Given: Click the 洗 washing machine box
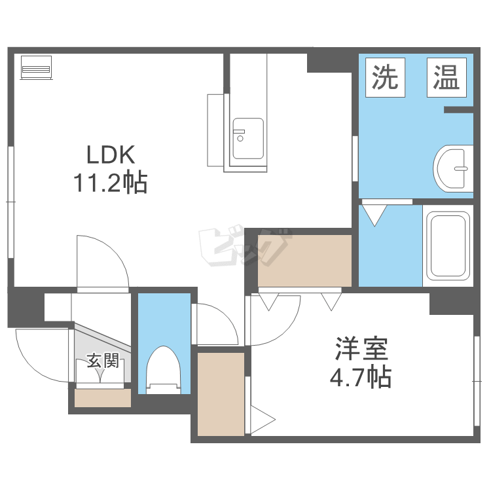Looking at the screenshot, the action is pyautogui.click(x=385, y=77).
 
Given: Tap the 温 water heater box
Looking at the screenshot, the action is pyautogui.click(x=446, y=77).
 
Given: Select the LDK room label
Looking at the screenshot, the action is pyautogui.click(x=111, y=155).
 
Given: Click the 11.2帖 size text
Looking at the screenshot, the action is pyautogui.click(x=110, y=182).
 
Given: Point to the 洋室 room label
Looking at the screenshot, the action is pyautogui.click(x=361, y=349).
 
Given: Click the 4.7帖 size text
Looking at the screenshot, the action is pyautogui.click(x=361, y=376).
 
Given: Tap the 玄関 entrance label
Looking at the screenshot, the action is pyautogui.click(x=103, y=361).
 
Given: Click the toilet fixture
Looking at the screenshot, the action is pyautogui.click(x=164, y=370).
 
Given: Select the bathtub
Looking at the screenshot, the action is pyautogui.click(x=448, y=245).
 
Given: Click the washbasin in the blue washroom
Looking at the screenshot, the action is pyautogui.click(x=453, y=168).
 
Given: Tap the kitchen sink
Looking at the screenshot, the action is pyautogui.click(x=248, y=138).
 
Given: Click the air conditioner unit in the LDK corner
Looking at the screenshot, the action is pyautogui.click(x=36, y=67).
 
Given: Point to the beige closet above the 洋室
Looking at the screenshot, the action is pyautogui.click(x=304, y=261).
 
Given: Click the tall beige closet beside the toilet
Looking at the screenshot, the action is pyautogui.click(x=221, y=394).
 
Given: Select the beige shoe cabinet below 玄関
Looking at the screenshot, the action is pyautogui.click(x=103, y=398).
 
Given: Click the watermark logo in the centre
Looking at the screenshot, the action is pyautogui.click(x=244, y=245).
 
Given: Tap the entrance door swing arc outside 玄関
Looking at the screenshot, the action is pyautogui.click(x=35, y=363).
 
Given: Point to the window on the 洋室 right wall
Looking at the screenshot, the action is pyautogui.click(x=477, y=381).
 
